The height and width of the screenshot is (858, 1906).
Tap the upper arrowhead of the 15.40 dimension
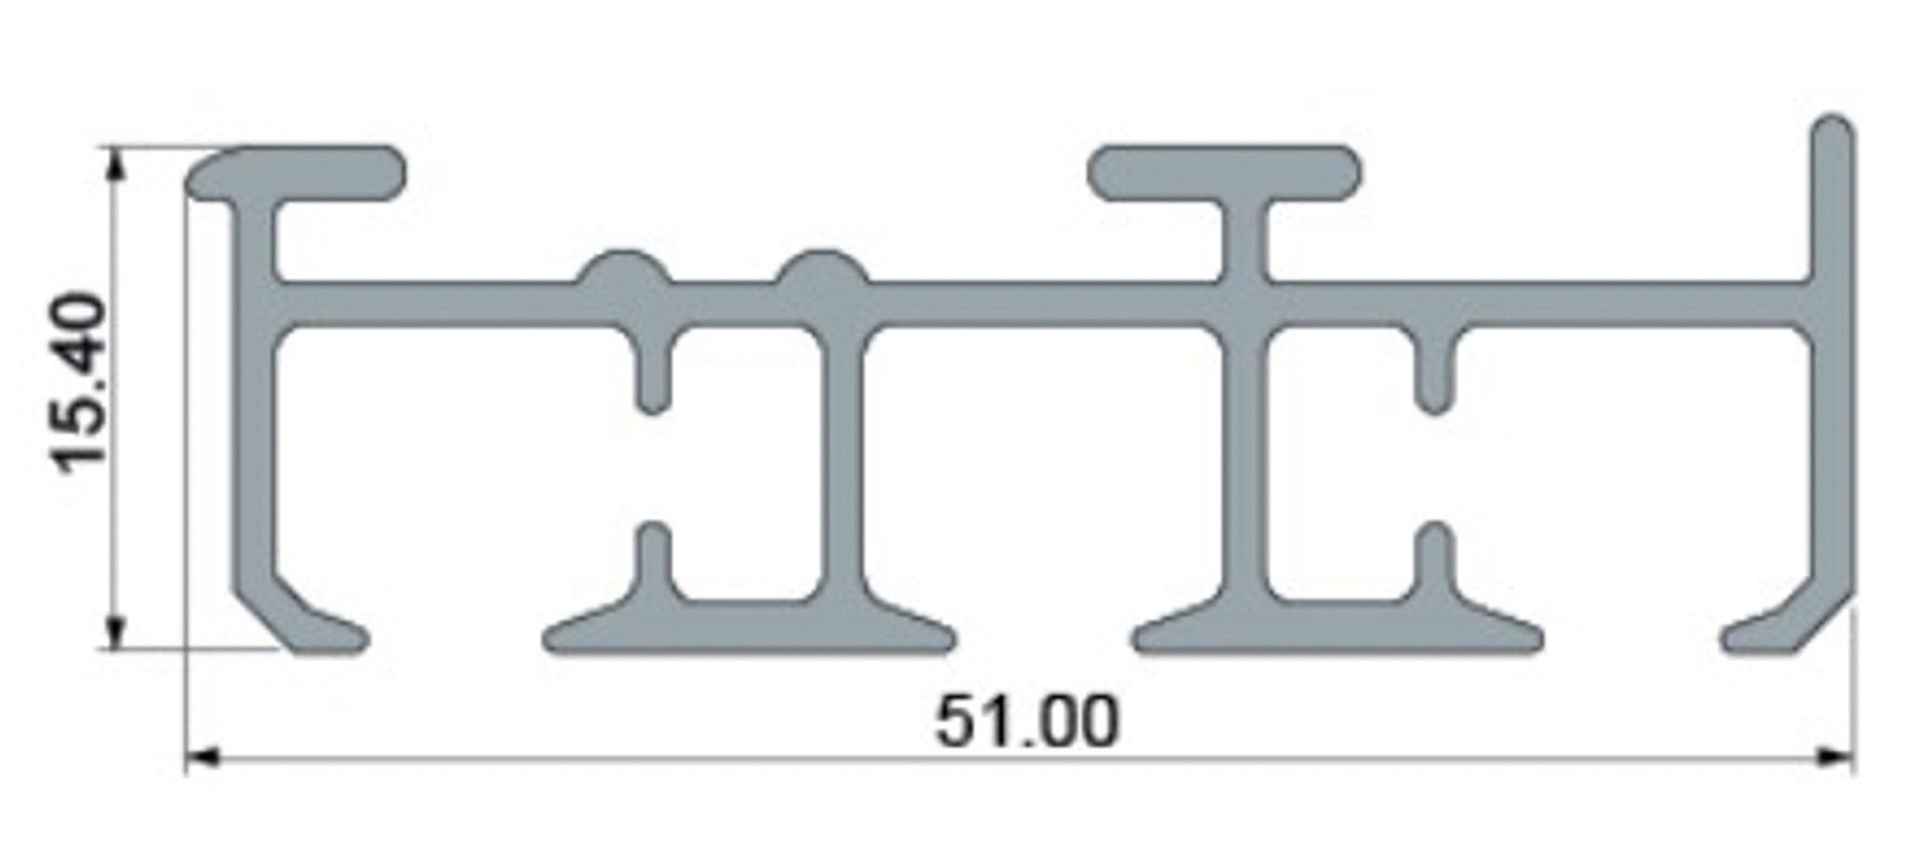(114, 164)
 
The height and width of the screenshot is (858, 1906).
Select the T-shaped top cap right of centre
(1224, 173)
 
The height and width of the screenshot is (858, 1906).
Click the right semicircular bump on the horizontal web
(822, 270)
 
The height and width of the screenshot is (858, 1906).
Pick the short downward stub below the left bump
(653, 372)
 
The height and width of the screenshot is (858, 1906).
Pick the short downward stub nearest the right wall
(1434, 372)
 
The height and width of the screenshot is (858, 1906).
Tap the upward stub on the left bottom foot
(653, 558)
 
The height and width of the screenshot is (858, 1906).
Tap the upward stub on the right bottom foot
(1434, 558)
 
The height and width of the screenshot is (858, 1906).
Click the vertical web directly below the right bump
(842, 465)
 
